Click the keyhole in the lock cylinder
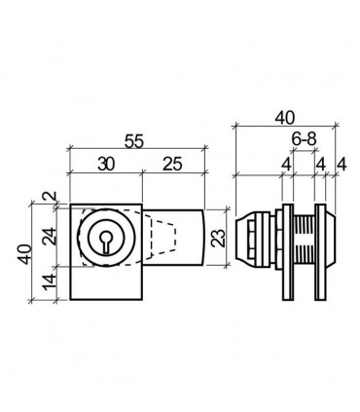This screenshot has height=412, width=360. [105, 242]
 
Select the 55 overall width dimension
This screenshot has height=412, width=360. [133, 141]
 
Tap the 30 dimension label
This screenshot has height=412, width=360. [106, 165]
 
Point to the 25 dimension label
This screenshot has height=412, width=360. [172, 165]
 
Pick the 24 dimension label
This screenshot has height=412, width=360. [51, 236]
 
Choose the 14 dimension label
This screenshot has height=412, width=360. [51, 282]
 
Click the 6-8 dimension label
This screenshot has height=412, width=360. [304, 139]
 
